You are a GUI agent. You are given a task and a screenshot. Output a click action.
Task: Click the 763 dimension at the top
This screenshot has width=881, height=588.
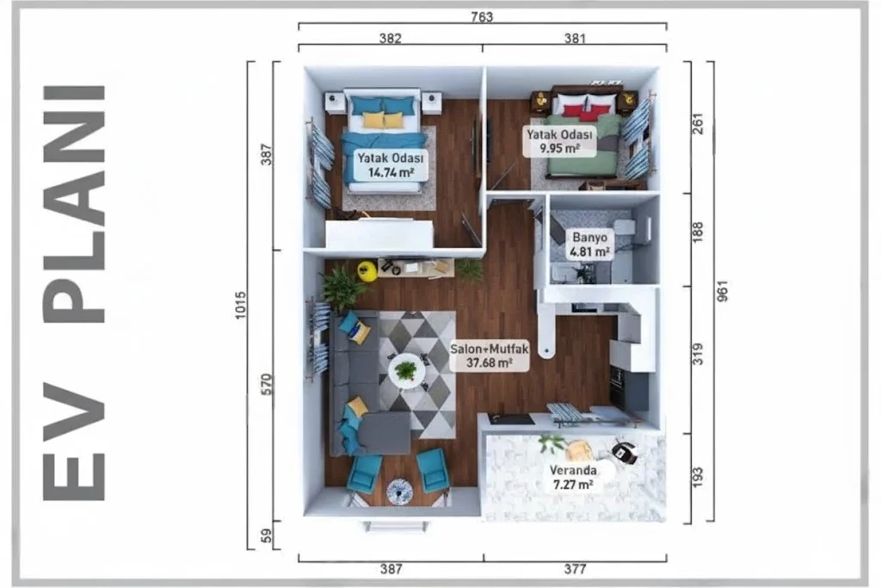(x=482, y=17)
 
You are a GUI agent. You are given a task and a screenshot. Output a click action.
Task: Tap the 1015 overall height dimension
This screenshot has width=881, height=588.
(x=241, y=306)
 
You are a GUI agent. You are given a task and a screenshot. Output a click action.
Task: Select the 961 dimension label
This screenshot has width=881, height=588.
(x=723, y=291)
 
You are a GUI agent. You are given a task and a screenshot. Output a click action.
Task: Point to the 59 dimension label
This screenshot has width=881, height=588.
(x=267, y=535)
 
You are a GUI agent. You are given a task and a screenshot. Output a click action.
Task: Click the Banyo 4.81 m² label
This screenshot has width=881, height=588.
(x=589, y=244)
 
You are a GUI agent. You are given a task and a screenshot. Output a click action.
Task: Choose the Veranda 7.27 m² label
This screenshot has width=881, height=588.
(x=573, y=477)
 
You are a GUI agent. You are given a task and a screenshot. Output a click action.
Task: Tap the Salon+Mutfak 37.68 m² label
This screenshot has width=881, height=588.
(x=490, y=356)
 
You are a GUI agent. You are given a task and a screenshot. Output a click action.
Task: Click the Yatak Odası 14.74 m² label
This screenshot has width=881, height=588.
(x=391, y=164)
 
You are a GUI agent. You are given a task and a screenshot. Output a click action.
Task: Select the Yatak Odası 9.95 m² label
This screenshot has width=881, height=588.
(x=559, y=141)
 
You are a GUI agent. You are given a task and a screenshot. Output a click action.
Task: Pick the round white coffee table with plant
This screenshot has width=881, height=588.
(x=406, y=371)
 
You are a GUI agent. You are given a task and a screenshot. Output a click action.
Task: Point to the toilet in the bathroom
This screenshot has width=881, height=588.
(x=629, y=230)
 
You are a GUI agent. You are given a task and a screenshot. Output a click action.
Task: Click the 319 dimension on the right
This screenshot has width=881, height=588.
(x=697, y=354)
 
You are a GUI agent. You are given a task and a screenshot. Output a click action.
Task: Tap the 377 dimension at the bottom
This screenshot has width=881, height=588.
(x=575, y=569)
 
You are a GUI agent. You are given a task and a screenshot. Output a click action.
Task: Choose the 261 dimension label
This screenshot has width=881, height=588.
(x=697, y=124)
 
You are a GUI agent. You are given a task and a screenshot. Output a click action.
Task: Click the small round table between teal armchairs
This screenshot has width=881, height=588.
(x=399, y=492)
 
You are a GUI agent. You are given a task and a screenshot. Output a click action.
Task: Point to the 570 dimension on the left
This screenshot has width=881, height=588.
(x=267, y=385)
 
